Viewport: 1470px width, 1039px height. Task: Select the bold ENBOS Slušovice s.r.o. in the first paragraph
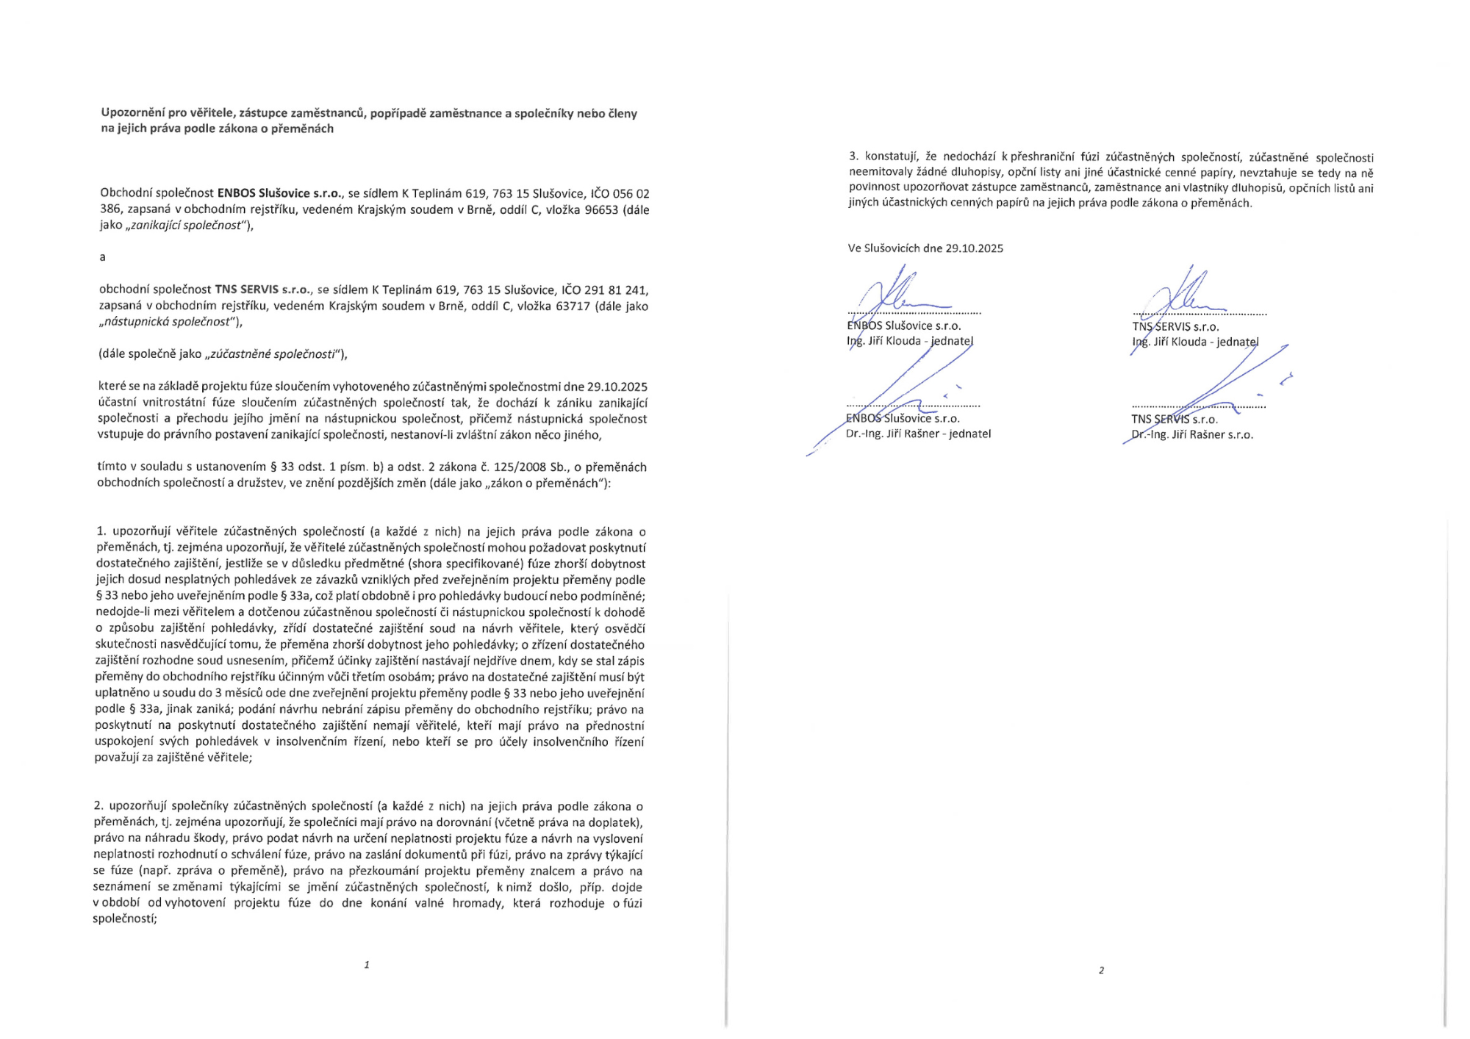pyautogui.click(x=279, y=193)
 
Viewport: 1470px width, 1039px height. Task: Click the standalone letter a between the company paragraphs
pyautogui.click(x=102, y=257)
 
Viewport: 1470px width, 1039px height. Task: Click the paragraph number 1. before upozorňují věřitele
pyautogui.click(x=101, y=531)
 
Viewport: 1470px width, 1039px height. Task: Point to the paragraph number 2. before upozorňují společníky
pyautogui.click(x=98, y=806)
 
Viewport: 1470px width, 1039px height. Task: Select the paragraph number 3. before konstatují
pyautogui.click(x=853, y=157)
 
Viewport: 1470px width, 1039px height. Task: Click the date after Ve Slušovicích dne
pyautogui.click(x=974, y=248)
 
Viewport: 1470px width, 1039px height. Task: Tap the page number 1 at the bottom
pyautogui.click(x=366, y=965)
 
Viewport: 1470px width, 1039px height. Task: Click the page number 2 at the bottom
pyautogui.click(x=1101, y=971)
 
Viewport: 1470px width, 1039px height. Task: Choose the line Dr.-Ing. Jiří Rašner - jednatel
pyautogui.click(x=918, y=434)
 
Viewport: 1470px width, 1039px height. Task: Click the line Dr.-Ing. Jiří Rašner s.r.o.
pyautogui.click(x=1191, y=435)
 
